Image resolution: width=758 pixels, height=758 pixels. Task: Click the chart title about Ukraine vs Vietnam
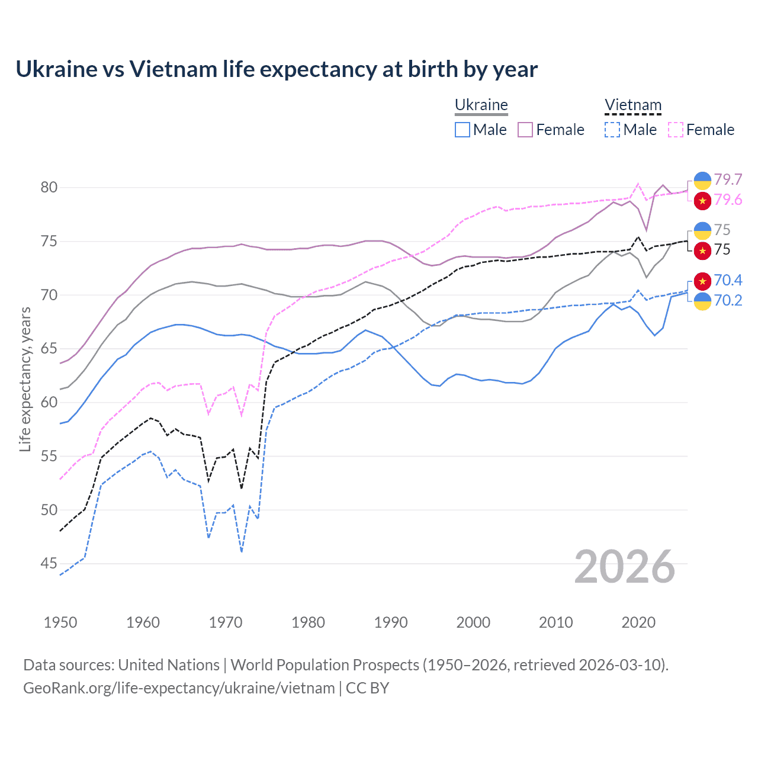277,69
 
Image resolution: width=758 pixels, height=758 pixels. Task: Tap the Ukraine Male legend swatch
462,130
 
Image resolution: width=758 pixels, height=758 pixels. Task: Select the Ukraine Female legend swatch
525,130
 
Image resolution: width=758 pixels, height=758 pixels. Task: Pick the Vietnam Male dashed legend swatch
612,130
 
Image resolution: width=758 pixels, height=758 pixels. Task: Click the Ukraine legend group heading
481,105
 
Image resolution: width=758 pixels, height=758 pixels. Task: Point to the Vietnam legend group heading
632,105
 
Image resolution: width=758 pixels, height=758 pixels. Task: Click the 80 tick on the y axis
49,188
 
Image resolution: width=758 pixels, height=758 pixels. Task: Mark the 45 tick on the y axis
49,564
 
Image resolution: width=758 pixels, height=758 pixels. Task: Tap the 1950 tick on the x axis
60,622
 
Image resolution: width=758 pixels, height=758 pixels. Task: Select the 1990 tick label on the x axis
391,622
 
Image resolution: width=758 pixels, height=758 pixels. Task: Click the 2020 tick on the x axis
638,622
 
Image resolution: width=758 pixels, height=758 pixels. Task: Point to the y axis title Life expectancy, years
25,379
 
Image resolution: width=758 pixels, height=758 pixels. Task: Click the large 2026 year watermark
625,567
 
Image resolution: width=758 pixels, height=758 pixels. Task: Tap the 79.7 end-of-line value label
728,179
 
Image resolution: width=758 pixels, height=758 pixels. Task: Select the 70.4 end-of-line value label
728,280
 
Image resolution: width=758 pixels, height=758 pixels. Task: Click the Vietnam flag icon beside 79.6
702,201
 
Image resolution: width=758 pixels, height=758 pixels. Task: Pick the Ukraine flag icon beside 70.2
702,301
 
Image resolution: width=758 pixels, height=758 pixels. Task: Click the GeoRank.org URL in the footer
179,688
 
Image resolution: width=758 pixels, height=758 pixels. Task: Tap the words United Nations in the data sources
169,665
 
